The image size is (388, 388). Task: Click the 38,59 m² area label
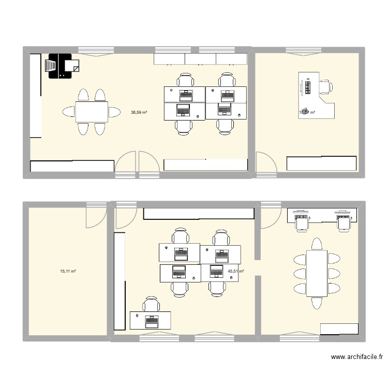139,112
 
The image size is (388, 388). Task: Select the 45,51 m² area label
236,271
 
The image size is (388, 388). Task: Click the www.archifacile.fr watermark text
356,357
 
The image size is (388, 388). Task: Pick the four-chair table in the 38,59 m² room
92,112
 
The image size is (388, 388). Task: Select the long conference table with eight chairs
317,273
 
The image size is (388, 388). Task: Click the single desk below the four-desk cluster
151,320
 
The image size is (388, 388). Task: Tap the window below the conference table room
298,338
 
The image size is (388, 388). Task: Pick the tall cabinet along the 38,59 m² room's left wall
35,95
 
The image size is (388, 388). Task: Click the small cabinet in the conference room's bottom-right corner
339,329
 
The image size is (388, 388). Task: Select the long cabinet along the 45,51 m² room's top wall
199,213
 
